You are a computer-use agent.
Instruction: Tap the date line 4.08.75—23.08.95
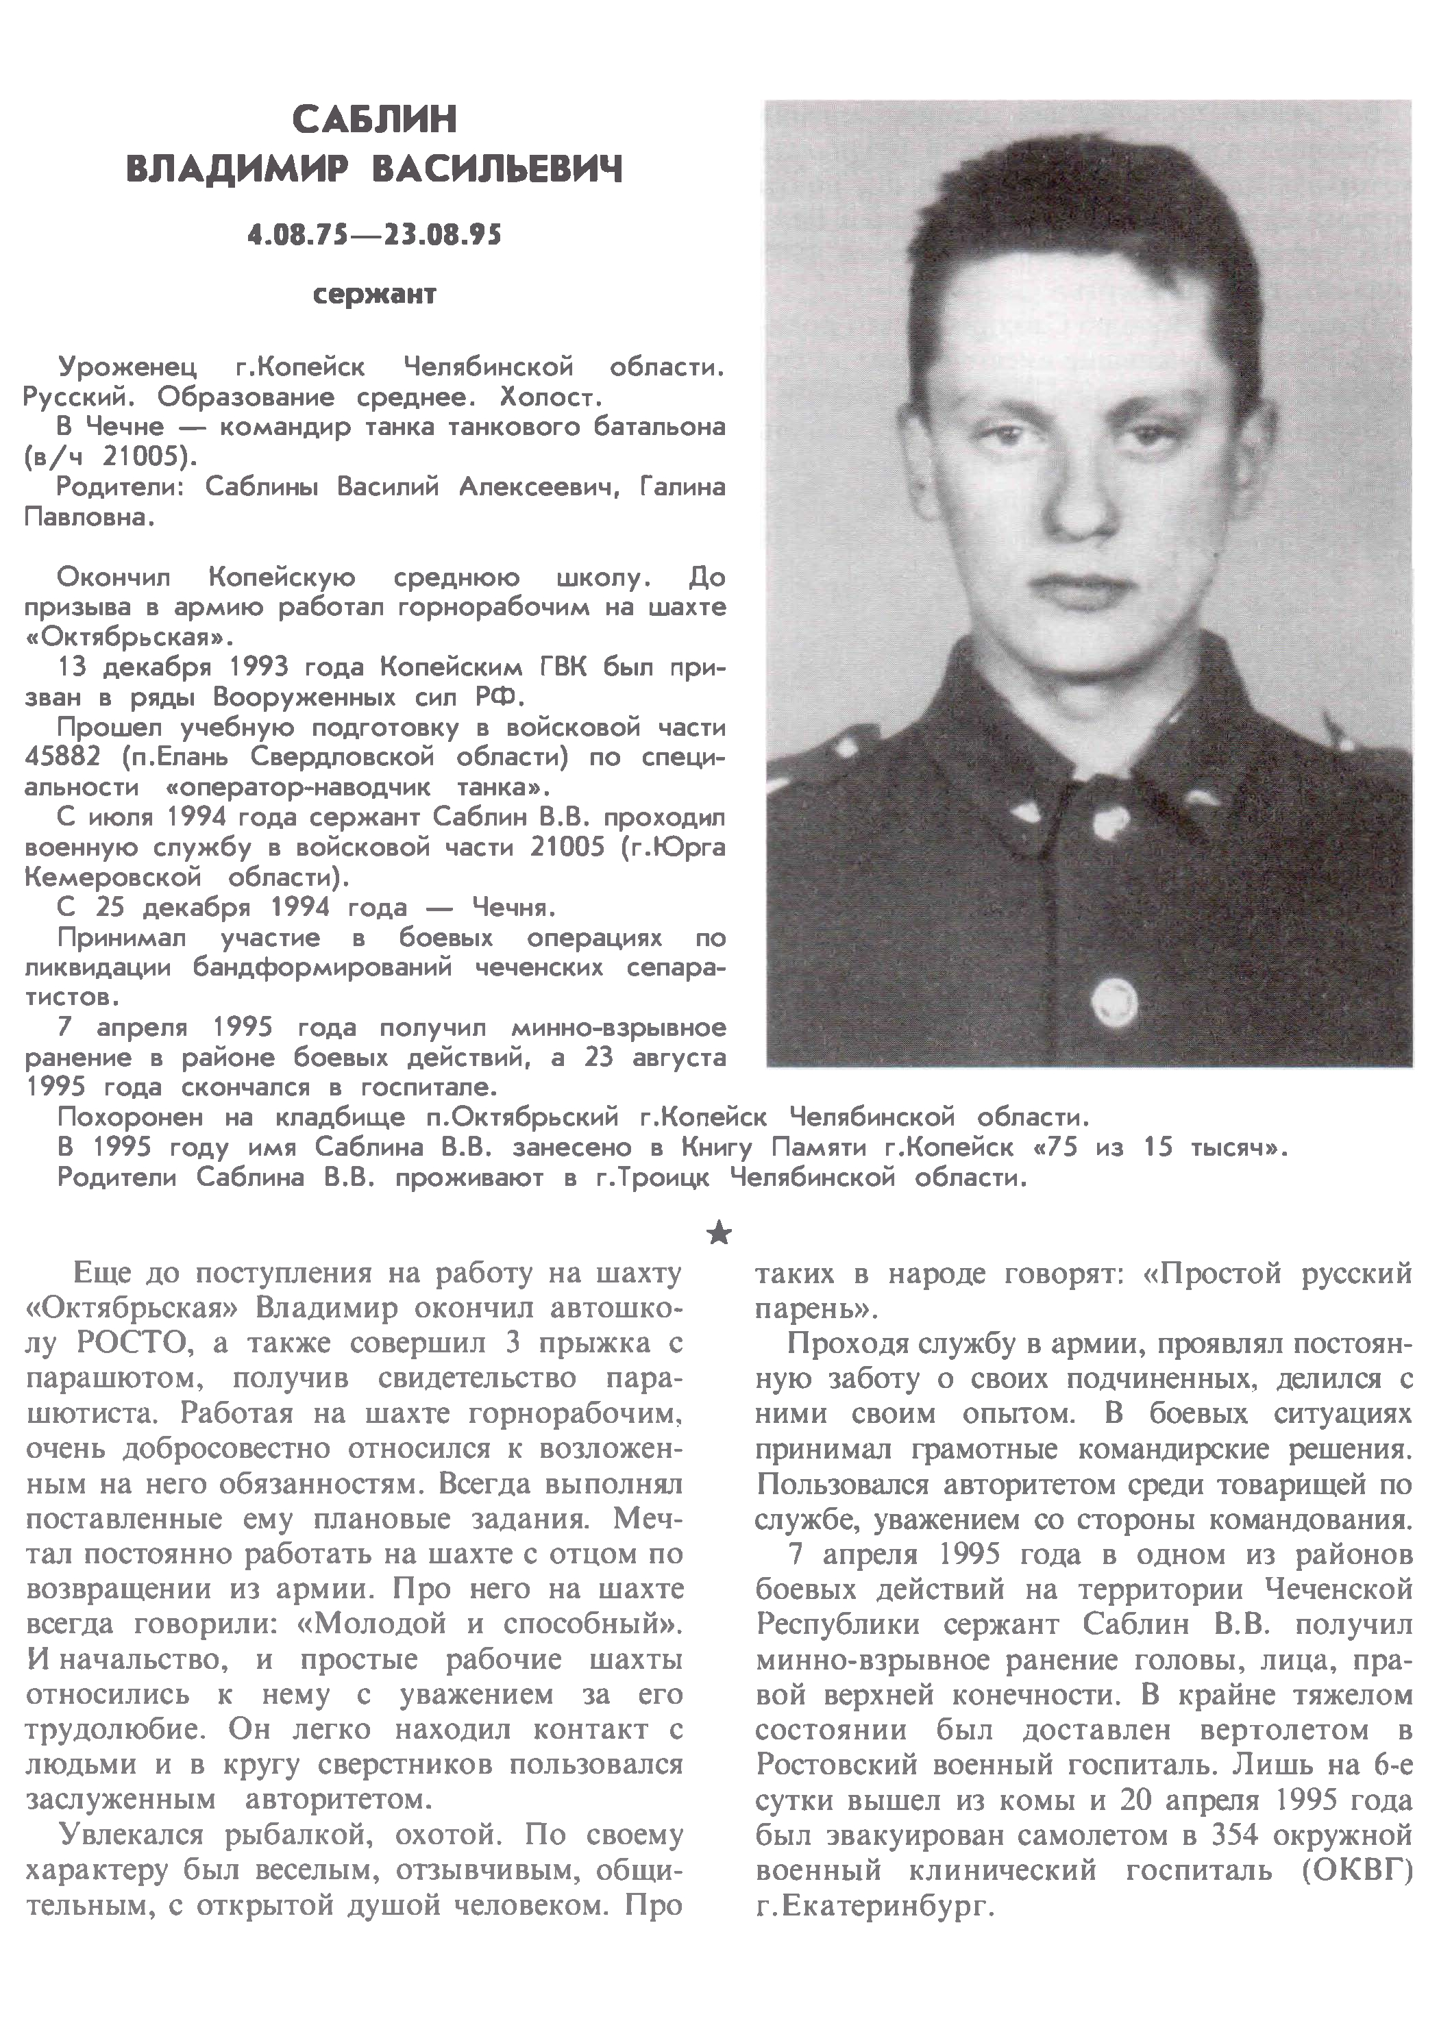[x=375, y=235]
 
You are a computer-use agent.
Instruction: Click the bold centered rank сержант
[x=375, y=294]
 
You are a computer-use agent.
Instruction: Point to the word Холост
[x=551, y=396]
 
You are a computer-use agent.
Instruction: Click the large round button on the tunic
[x=1113, y=1002]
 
